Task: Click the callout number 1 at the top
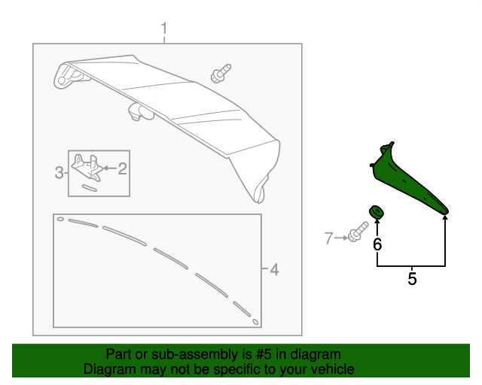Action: coord(163,29)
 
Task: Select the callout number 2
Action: coord(123,170)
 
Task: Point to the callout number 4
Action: coord(274,269)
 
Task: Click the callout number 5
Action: coord(412,279)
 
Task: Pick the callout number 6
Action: coord(377,244)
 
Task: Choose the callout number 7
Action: coord(328,238)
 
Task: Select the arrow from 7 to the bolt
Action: coord(340,238)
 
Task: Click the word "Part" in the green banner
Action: coord(119,354)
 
